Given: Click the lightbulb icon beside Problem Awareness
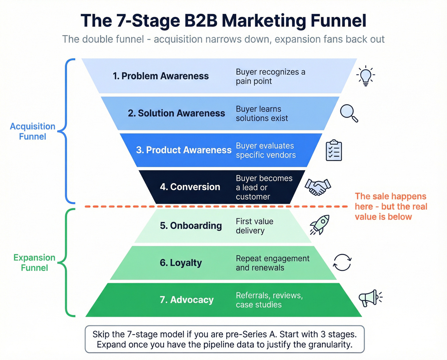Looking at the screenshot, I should click(x=366, y=76).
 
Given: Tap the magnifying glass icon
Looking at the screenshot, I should click(x=349, y=113).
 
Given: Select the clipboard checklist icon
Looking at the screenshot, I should click(x=334, y=150).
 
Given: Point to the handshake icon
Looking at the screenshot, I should click(x=318, y=187).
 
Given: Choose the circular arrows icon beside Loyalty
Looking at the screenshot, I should click(x=342, y=263).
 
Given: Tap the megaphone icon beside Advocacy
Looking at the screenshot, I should click(x=370, y=298).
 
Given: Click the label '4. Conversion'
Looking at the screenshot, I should click(x=190, y=187).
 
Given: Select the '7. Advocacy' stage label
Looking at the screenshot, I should click(x=186, y=300).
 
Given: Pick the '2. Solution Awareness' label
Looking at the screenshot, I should click(x=176, y=113).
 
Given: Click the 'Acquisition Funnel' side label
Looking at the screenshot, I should click(x=33, y=131).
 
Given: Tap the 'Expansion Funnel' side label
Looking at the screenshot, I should click(x=34, y=263).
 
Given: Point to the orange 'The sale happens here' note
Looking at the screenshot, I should click(x=391, y=206).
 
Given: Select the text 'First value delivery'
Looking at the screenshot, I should click(x=254, y=226).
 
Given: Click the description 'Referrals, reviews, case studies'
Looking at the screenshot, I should click(x=269, y=300).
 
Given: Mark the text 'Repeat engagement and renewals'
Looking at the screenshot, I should click(x=272, y=263).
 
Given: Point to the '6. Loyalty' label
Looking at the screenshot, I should click(x=181, y=263).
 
